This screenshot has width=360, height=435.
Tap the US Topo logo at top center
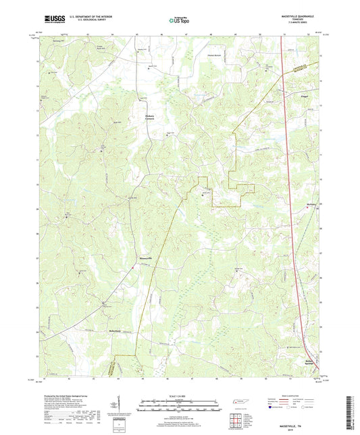click(174, 20)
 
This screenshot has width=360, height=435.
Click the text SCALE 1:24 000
click(180, 396)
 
